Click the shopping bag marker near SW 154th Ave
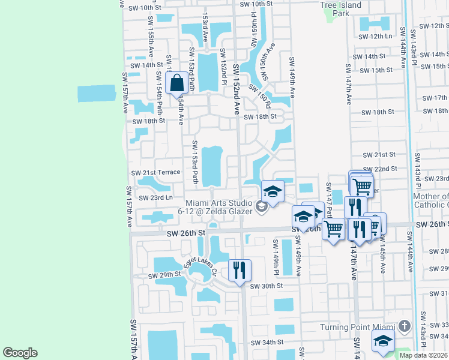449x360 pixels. point(177,83)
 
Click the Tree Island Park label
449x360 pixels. point(341,9)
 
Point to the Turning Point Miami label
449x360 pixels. point(357,326)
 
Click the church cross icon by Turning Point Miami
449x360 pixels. point(405,326)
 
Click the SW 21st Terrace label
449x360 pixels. point(155,172)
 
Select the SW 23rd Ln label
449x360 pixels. point(155,197)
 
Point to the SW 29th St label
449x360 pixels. point(164,275)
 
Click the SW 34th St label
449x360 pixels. point(267,343)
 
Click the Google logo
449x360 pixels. point(20,353)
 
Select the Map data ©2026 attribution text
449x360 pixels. point(423,355)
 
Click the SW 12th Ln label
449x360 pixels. point(381,37)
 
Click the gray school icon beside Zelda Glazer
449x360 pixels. point(261,207)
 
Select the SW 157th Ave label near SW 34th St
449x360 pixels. point(134,340)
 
